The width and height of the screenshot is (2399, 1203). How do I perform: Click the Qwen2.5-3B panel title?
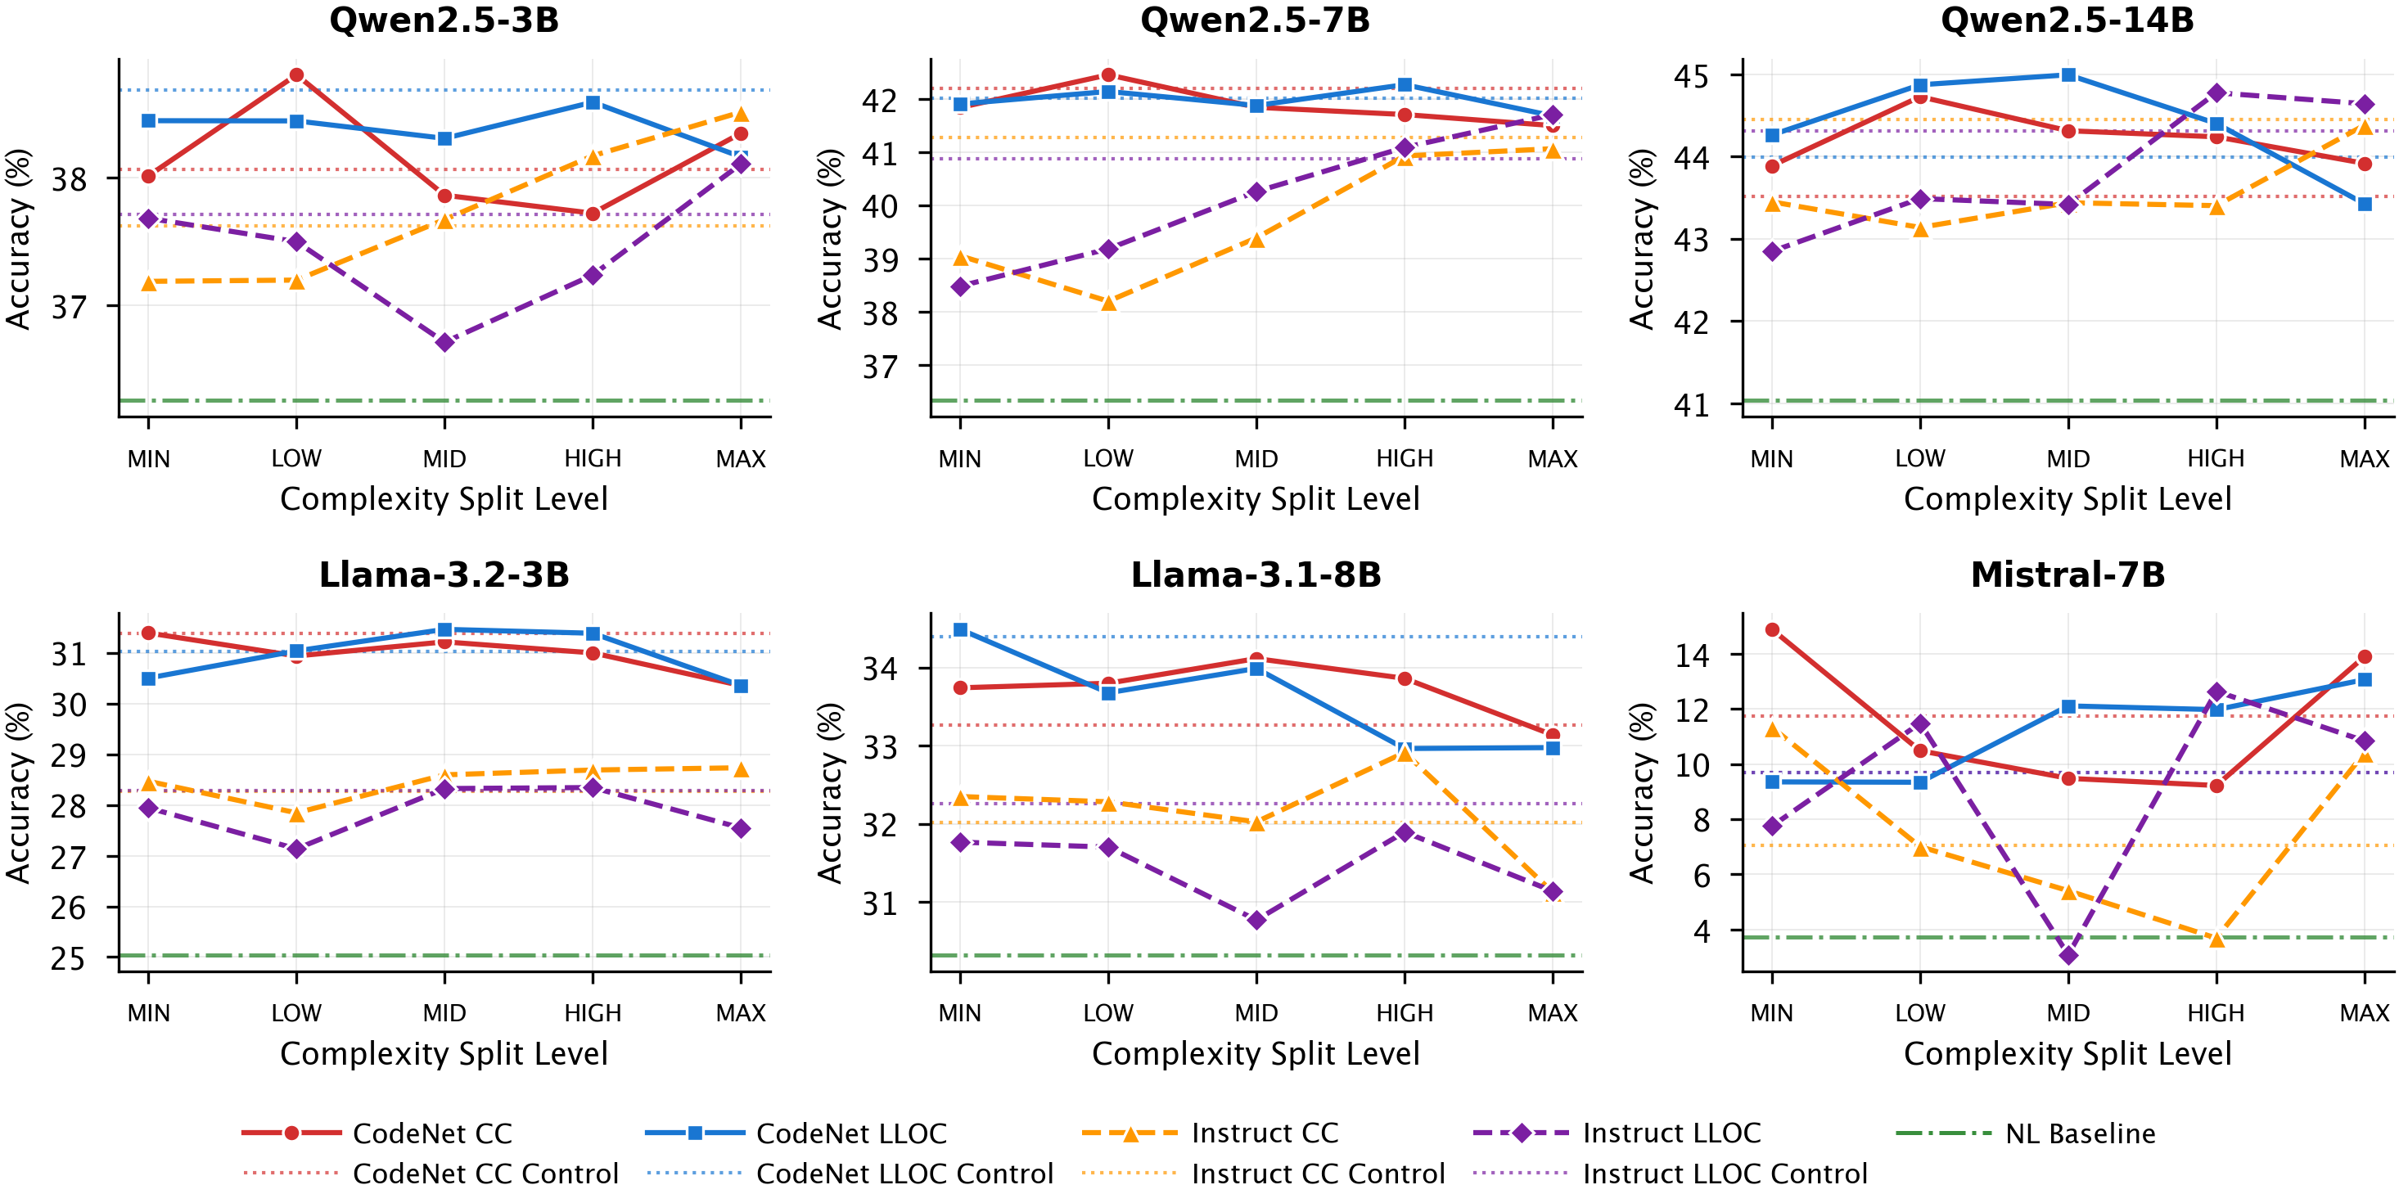[x=444, y=20]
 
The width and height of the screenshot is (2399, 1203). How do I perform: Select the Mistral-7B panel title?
[x=2068, y=574]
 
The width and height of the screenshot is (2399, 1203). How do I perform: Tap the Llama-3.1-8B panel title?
[x=1256, y=574]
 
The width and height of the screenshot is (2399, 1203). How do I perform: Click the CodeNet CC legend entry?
[x=432, y=1133]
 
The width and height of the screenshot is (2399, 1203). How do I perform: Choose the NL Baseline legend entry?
[x=2080, y=1133]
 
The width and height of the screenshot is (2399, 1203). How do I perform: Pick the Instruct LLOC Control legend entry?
[x=1725, y=1174]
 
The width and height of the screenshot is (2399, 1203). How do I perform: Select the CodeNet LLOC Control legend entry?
[x=904, y=1174]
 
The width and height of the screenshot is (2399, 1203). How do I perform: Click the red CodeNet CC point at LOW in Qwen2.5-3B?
[x=296, y=74]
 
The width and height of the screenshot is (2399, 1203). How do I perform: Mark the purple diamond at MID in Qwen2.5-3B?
[x=445, y=343]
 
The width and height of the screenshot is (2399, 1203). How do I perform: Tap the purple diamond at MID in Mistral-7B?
[x=2068, y=955]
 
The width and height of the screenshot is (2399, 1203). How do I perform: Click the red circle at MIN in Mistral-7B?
[x=1772, y=630]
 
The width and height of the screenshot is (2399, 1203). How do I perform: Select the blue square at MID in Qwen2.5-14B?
[x=2068, y=74]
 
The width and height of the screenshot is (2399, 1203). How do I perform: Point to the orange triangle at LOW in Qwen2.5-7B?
[x=1108, y=303]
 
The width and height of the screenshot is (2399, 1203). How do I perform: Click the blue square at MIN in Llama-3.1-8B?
[x=960, y=630]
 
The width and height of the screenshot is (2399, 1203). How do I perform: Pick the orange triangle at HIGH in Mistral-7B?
[x=2216, y=939]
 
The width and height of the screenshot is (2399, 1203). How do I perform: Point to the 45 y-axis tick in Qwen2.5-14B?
[x=1691, y=76]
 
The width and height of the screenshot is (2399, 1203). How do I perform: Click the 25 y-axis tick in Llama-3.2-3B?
[x=68, y=958]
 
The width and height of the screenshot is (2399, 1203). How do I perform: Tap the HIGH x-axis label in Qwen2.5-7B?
[x=1405, y=459]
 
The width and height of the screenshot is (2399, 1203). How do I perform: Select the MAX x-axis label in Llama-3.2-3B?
[x=741, y=1013]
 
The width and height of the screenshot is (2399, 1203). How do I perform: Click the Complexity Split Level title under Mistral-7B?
[x=2068, y=1053]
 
